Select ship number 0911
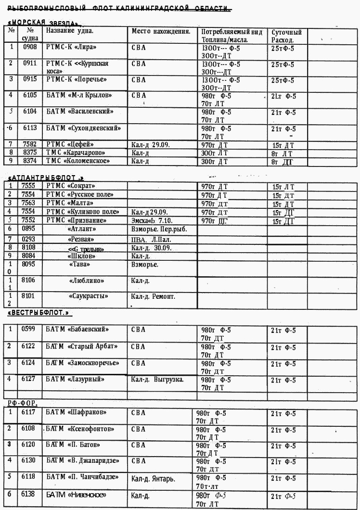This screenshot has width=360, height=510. pos(30,63)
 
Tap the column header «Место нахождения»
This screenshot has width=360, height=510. pos(161,31)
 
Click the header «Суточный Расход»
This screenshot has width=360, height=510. pos(286,36)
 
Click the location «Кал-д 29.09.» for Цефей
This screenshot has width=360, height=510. pos(151,144)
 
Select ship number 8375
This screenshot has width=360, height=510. pos(30,153)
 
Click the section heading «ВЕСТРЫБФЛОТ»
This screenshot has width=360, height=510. pos(39,313)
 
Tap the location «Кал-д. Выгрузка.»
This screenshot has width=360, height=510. pos(157,379)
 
